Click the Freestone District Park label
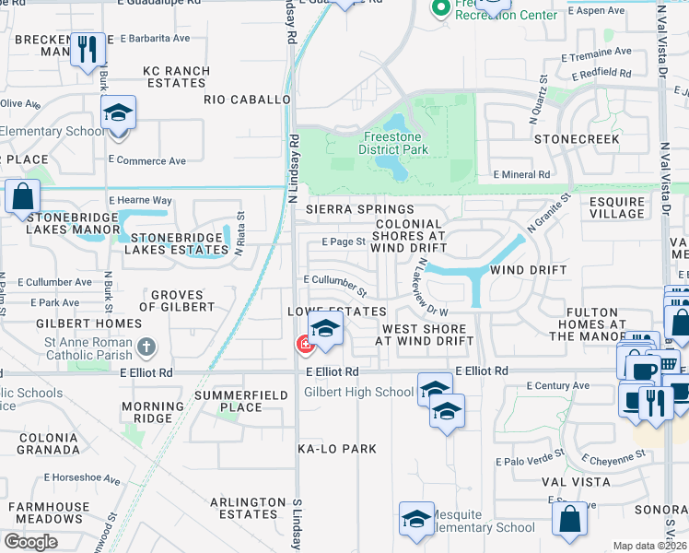point(393,143)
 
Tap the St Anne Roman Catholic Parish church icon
point(146,347)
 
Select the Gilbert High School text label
point(359,392)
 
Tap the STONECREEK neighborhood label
point(577,138)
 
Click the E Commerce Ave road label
point(146,160)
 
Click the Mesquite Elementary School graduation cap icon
point(416,519)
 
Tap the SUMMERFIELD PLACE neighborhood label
point(228,401)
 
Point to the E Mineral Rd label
point(521,174)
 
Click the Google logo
point(30,541)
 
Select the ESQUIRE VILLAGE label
point(616,207)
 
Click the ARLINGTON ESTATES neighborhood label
point(248,508)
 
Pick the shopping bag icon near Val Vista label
point(570,519)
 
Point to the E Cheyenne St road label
point(613,457)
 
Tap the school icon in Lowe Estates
point(324,328)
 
